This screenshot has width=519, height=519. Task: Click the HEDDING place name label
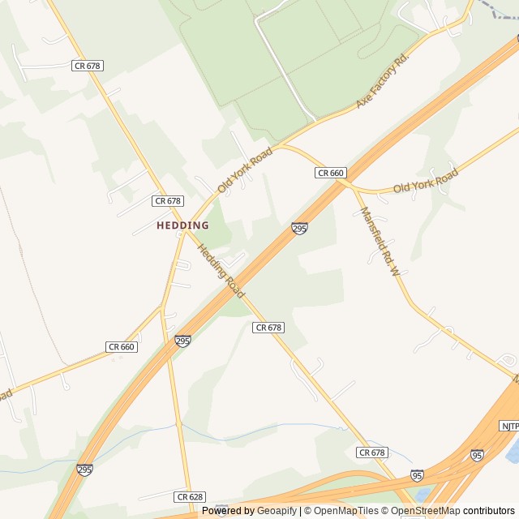click(x=182, y=225)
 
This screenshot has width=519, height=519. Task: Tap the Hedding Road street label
click(x=221, y=271)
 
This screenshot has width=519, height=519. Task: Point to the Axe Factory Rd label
click(x=384, y=82)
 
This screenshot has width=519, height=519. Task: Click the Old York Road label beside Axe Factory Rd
click(x=244, y=169)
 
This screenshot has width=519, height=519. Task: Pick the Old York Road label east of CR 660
click(x=426, y=181)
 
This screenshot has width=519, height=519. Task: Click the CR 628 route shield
click(x=189, y=496)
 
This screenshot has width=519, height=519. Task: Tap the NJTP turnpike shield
click(x=509, y=426)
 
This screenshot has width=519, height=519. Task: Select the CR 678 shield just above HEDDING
click(x=168, y=200)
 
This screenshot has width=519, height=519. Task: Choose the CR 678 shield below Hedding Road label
click(x=268, y=328)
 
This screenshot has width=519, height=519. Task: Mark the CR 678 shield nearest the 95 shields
click(x=371, y=453)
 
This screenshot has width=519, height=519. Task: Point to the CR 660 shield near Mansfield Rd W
click(x=331, y=173)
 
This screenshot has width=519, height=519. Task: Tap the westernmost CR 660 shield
click(x=121, y=347)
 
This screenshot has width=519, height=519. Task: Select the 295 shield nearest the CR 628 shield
click(x=84, y=470)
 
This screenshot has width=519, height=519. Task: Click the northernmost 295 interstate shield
click(x=299, y=229)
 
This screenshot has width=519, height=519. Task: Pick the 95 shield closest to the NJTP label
click(x=478, y=455)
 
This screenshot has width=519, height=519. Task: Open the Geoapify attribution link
click(x=278, y=511)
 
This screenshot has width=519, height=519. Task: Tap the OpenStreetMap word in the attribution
click(x=426, y=511)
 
